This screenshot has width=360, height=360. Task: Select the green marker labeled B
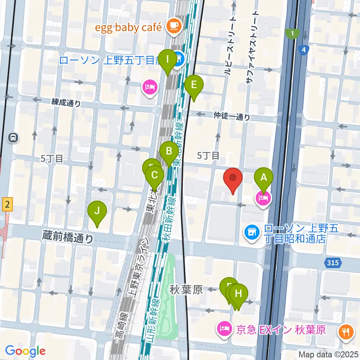click(169, 152)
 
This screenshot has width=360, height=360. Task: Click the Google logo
click(25, 351)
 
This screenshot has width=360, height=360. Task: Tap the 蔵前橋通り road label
click(68, 237)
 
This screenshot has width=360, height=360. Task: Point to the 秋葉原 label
click(186, 289)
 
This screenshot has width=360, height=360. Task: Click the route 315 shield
click(332, 263)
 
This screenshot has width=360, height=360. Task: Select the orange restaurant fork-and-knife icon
click(345, 331)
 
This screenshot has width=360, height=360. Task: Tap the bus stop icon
click(13, 138)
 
